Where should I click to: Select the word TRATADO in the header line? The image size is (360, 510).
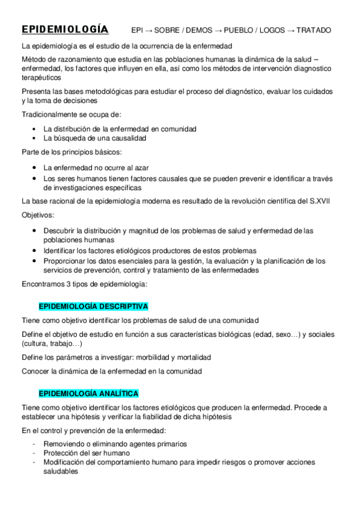pos(314,30)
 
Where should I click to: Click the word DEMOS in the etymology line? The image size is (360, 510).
pos(194,30)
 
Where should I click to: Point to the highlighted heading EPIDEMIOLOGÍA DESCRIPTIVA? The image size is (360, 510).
pos(93,306)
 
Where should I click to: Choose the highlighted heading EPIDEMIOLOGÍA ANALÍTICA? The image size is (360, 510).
pos(88,393)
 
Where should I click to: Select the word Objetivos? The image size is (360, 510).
pos(37,215)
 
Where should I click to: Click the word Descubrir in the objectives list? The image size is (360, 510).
pos(60,231)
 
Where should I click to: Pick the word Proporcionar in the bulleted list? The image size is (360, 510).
pos(65,261)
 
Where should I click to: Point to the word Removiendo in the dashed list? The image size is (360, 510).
pos(63,444)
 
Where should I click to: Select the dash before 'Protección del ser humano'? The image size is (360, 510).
pos(34,453)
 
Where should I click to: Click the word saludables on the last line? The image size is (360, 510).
pos(61,472)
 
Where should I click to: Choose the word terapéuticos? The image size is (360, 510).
pos(43,78)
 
